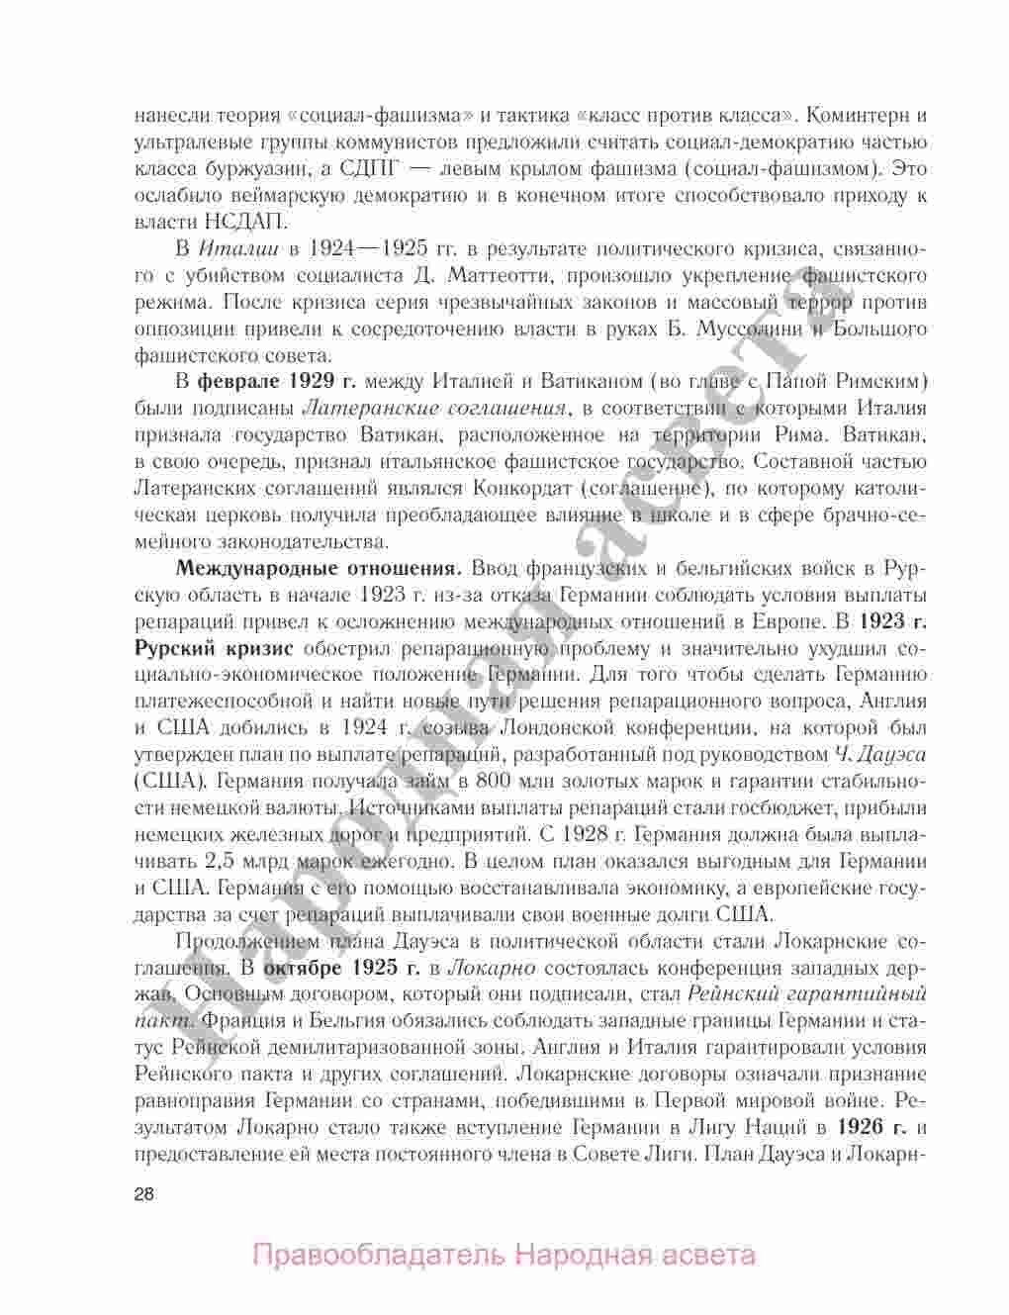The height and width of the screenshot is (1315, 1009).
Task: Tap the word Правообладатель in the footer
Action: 380,1257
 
